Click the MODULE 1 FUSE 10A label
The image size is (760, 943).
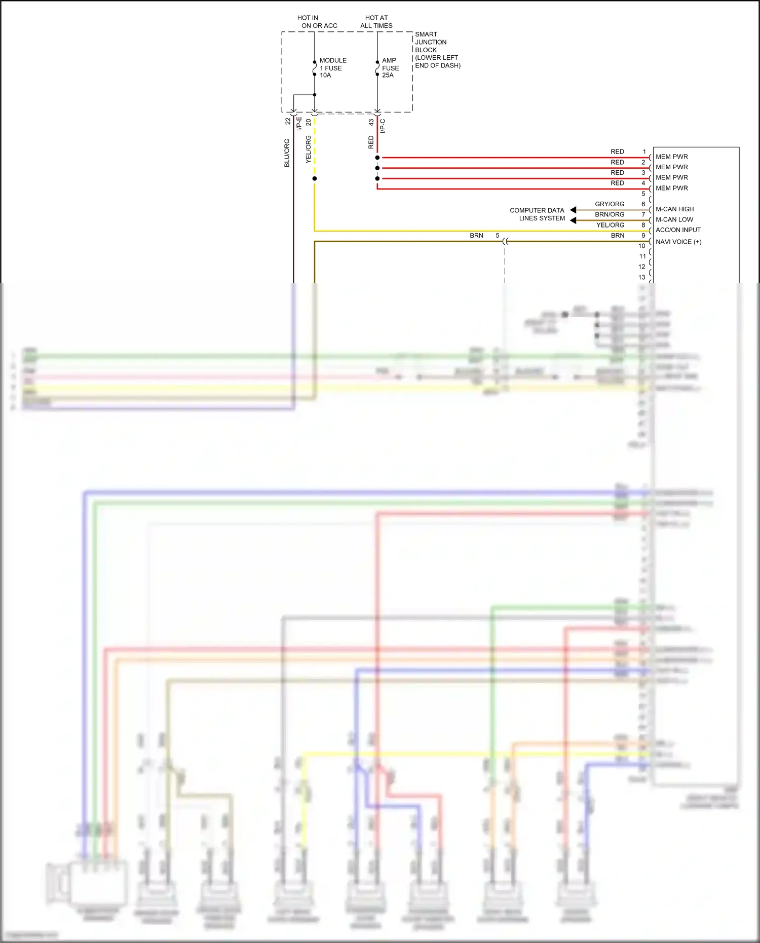point(332,68)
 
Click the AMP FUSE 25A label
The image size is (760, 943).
point(390,68)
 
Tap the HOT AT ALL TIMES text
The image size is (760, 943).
point(376,22)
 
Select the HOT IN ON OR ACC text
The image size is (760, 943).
point(317,22)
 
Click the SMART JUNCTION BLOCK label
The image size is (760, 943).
point(437,50)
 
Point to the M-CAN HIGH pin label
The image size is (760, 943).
point(674,209)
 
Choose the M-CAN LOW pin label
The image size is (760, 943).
point(674,219)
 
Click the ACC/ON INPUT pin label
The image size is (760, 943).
point(678,230)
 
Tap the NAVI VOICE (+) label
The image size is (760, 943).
point(678,242)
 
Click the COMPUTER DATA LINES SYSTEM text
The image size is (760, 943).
point(538,214)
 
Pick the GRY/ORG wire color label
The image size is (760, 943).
point(610,204)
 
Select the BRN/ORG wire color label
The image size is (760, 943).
point(610,215)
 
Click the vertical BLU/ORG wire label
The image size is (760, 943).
point(287,153)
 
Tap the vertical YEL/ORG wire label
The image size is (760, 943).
point(308,149)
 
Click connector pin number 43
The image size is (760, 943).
point(371,123)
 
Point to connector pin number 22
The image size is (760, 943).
point(288,122)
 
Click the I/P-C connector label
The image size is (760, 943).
point(383,126)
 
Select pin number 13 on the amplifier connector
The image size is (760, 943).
point(642,277)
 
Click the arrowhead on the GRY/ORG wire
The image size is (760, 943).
point(573,210)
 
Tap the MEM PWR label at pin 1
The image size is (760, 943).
point(671,157)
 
